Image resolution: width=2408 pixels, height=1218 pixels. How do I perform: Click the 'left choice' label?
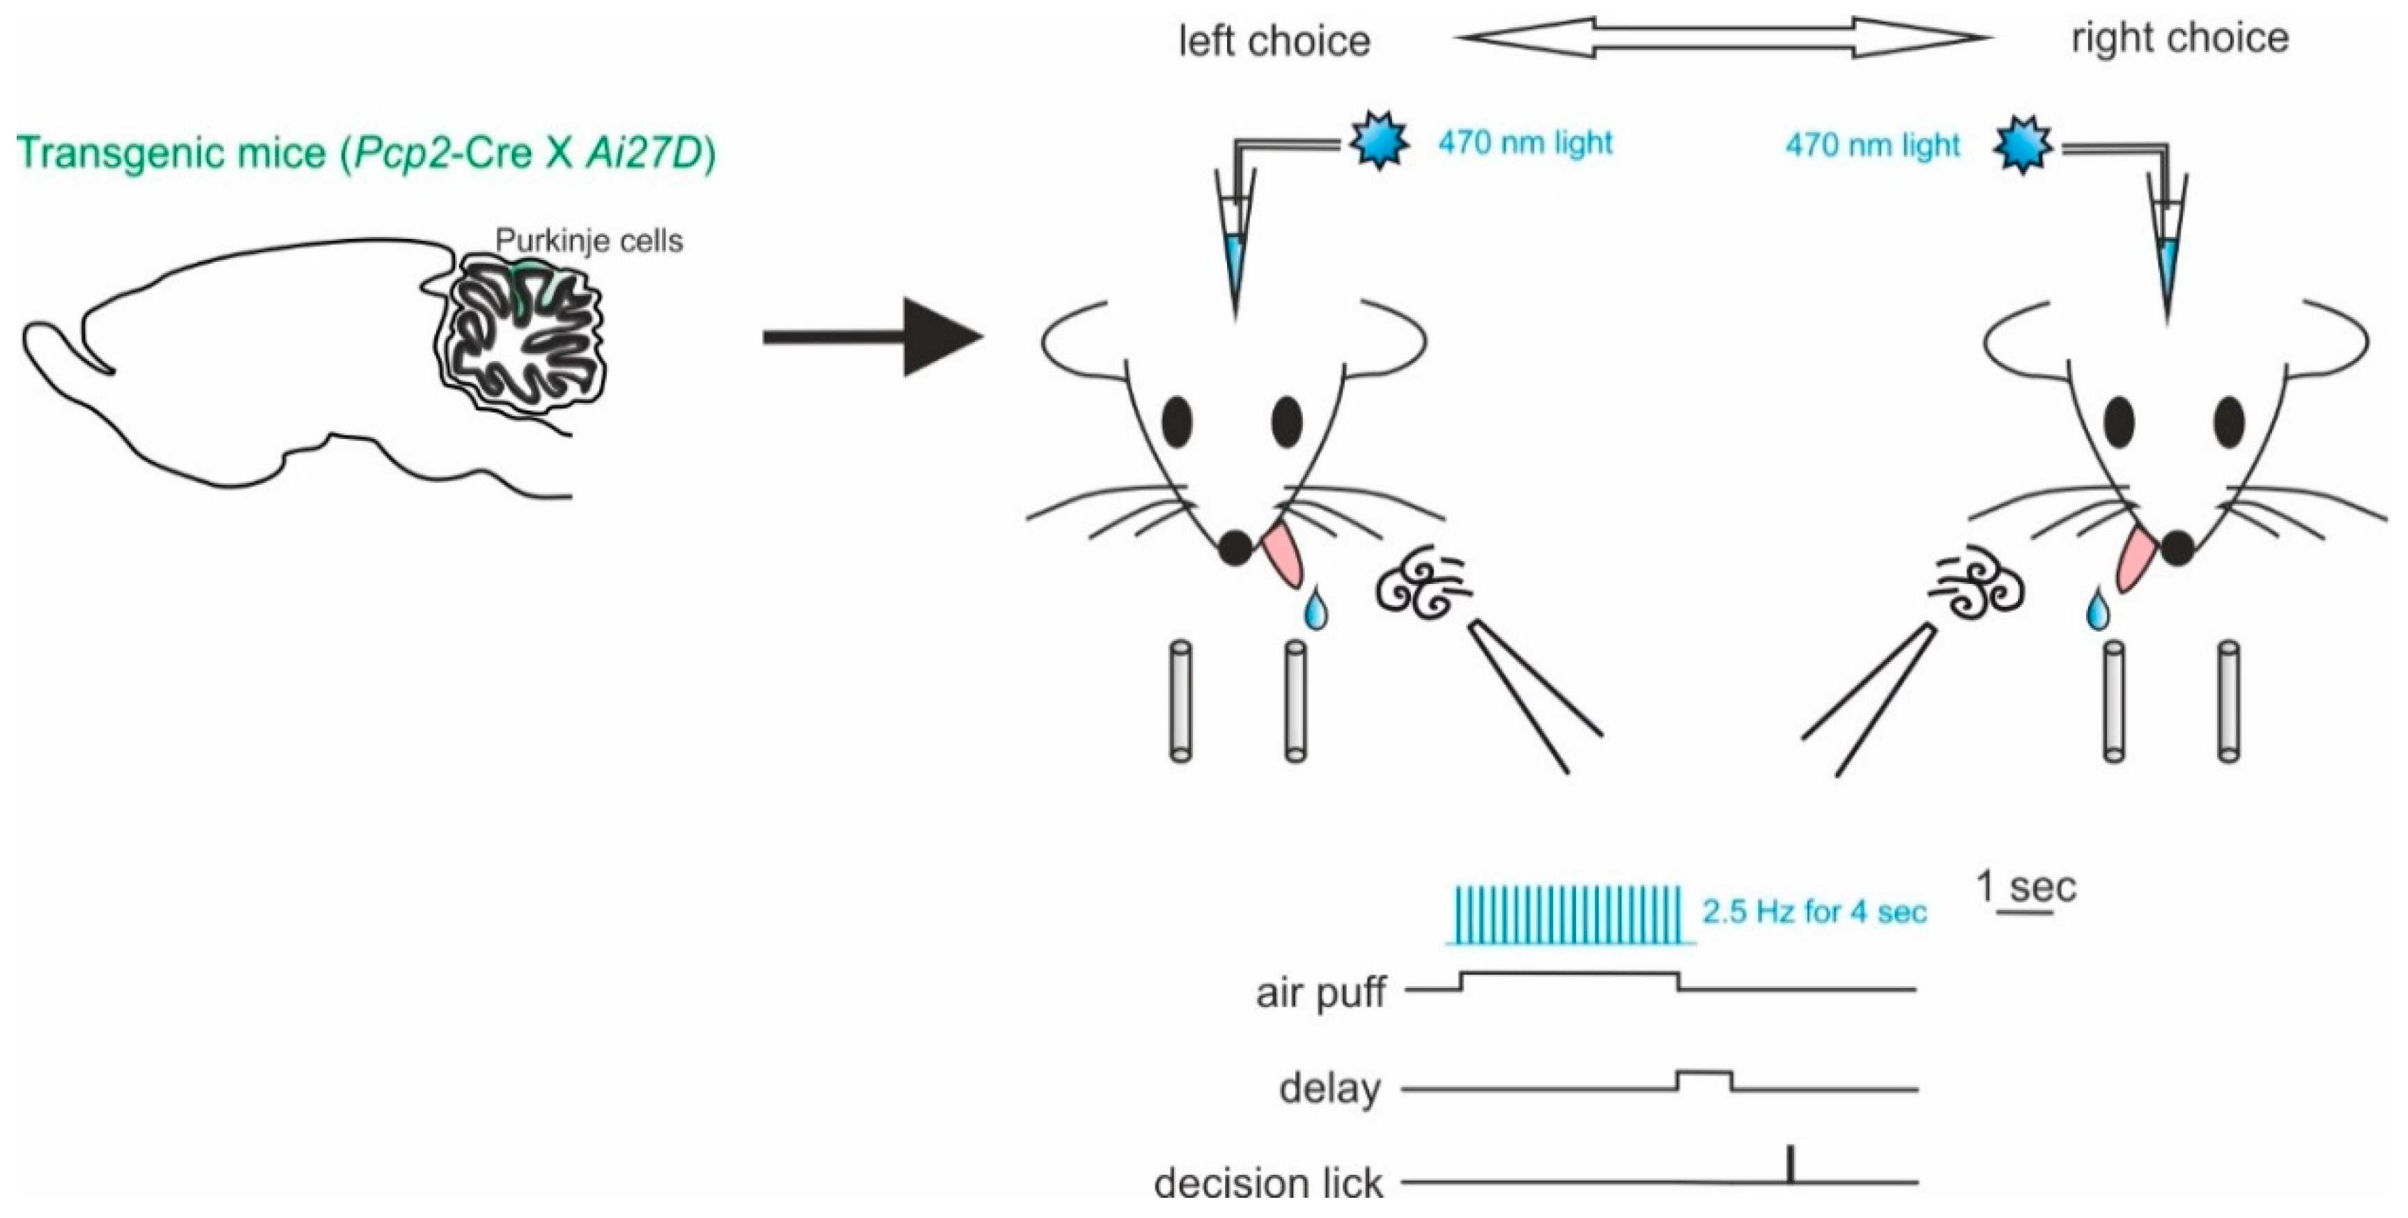coord(1274,41)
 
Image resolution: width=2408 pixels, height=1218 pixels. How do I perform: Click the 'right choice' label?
coord(2180,38)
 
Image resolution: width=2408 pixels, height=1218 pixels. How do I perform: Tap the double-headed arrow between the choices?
coord(1724,38)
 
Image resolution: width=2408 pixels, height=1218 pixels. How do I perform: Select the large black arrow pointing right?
coord(874,337)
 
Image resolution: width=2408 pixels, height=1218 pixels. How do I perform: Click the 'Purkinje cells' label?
coord(589,241)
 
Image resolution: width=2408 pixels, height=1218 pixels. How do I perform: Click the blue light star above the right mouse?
coord(2023,147)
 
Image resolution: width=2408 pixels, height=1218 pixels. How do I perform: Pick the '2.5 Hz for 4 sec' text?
coord(1814,911)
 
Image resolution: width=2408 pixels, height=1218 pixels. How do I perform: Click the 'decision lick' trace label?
coord(1267,1183)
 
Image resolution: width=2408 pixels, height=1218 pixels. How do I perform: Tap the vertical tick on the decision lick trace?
coord(1790,1164)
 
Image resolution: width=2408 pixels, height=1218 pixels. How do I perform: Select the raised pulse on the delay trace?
coord(1704,1078)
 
